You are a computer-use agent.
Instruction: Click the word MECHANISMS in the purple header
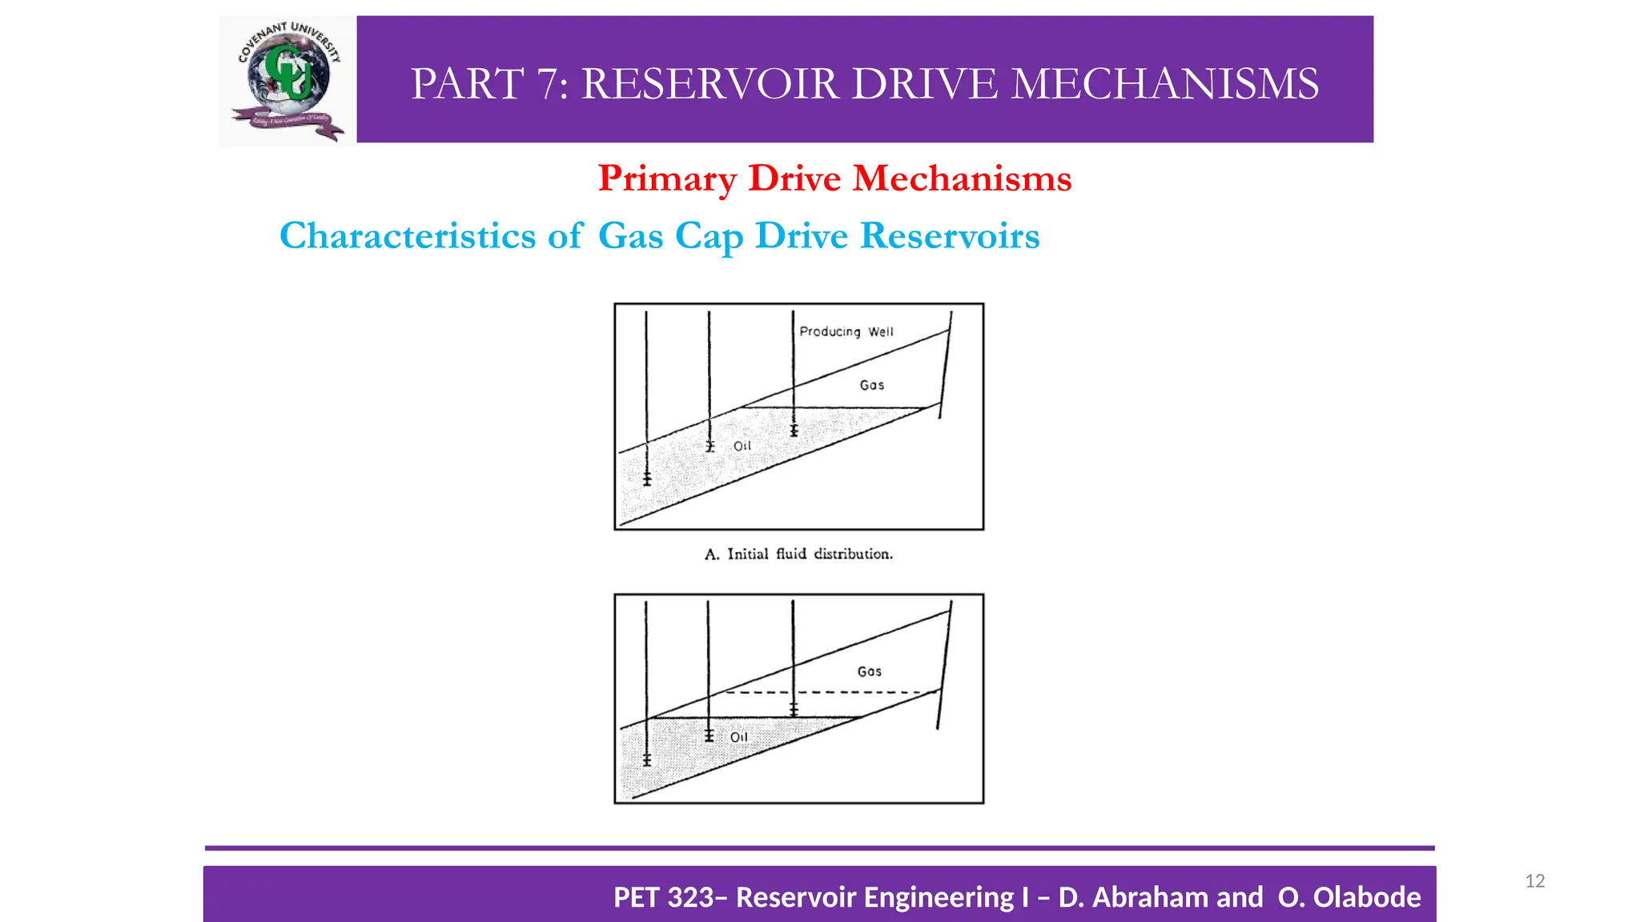[x=1164, y=84]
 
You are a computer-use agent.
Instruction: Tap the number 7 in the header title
[x=551, y=84]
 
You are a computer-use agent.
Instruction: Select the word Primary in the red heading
[x=667, y=178]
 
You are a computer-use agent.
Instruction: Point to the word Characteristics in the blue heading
[x=408, y=236]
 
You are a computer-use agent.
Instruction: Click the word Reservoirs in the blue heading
[x=950, y=236]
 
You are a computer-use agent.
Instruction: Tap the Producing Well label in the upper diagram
[x=846, y=331]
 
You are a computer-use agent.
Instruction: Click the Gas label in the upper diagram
[x=872, y=385]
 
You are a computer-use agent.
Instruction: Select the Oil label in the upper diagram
[x=742, y=446]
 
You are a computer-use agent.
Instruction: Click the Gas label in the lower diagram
[x=870, y=671]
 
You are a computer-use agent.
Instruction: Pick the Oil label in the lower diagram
[x=739, y=737]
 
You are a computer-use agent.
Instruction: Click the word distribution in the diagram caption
[x=853, y=554]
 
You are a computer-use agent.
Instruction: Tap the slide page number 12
[x=1534, y=881]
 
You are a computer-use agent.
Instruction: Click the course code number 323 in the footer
[x=690, y=897]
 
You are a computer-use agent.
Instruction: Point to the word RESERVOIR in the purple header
[x=710, y=84]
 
